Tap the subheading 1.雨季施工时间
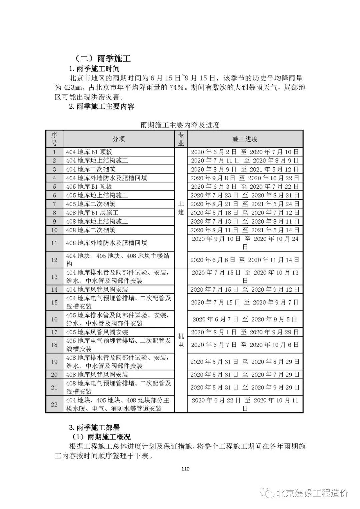(x=94, y=69)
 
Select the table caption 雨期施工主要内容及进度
(x=180, y=125)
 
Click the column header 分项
(x=119, y=139)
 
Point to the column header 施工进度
(x=245, y=139)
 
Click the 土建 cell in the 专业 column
(x=181, y=208)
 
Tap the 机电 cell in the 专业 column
(x=181, y=341)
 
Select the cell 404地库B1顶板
(x=89, y=152)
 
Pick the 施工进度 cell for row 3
(x=245, y=169)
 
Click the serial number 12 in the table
(x=54, y=260)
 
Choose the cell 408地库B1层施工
(x=92, y=213)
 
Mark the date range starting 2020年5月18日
(x=245, y=213)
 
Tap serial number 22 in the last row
(x=54, y=404)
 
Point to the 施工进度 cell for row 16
(x=245, y=319)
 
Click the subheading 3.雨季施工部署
(x=94, y=427)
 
